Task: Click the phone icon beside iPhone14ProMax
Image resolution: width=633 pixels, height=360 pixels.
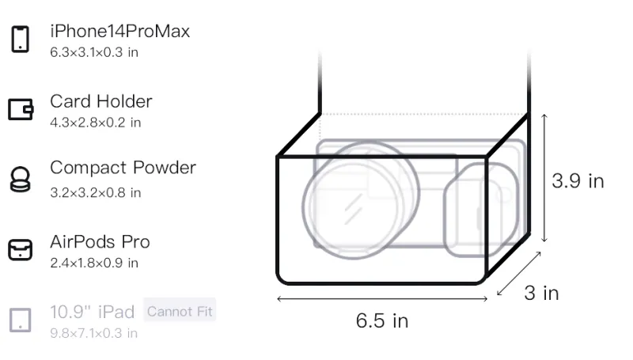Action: coord(21,39)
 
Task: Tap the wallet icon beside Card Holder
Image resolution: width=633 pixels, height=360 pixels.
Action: coord(21,109)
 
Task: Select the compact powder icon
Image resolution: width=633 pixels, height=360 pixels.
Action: coord(21,179)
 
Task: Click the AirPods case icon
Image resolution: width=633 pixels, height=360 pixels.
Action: coord(21,249)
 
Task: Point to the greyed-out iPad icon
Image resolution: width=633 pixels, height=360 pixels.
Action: coord(21,320)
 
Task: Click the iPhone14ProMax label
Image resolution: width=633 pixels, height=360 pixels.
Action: coord(120,32)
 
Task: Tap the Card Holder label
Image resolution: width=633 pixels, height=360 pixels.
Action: coord(101,101)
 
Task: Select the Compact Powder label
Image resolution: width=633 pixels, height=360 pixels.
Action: coord(123,168)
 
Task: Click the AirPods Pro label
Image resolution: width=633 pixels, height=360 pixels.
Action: coord(100,242)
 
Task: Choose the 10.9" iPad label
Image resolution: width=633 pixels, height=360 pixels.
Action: coord(93,312)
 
